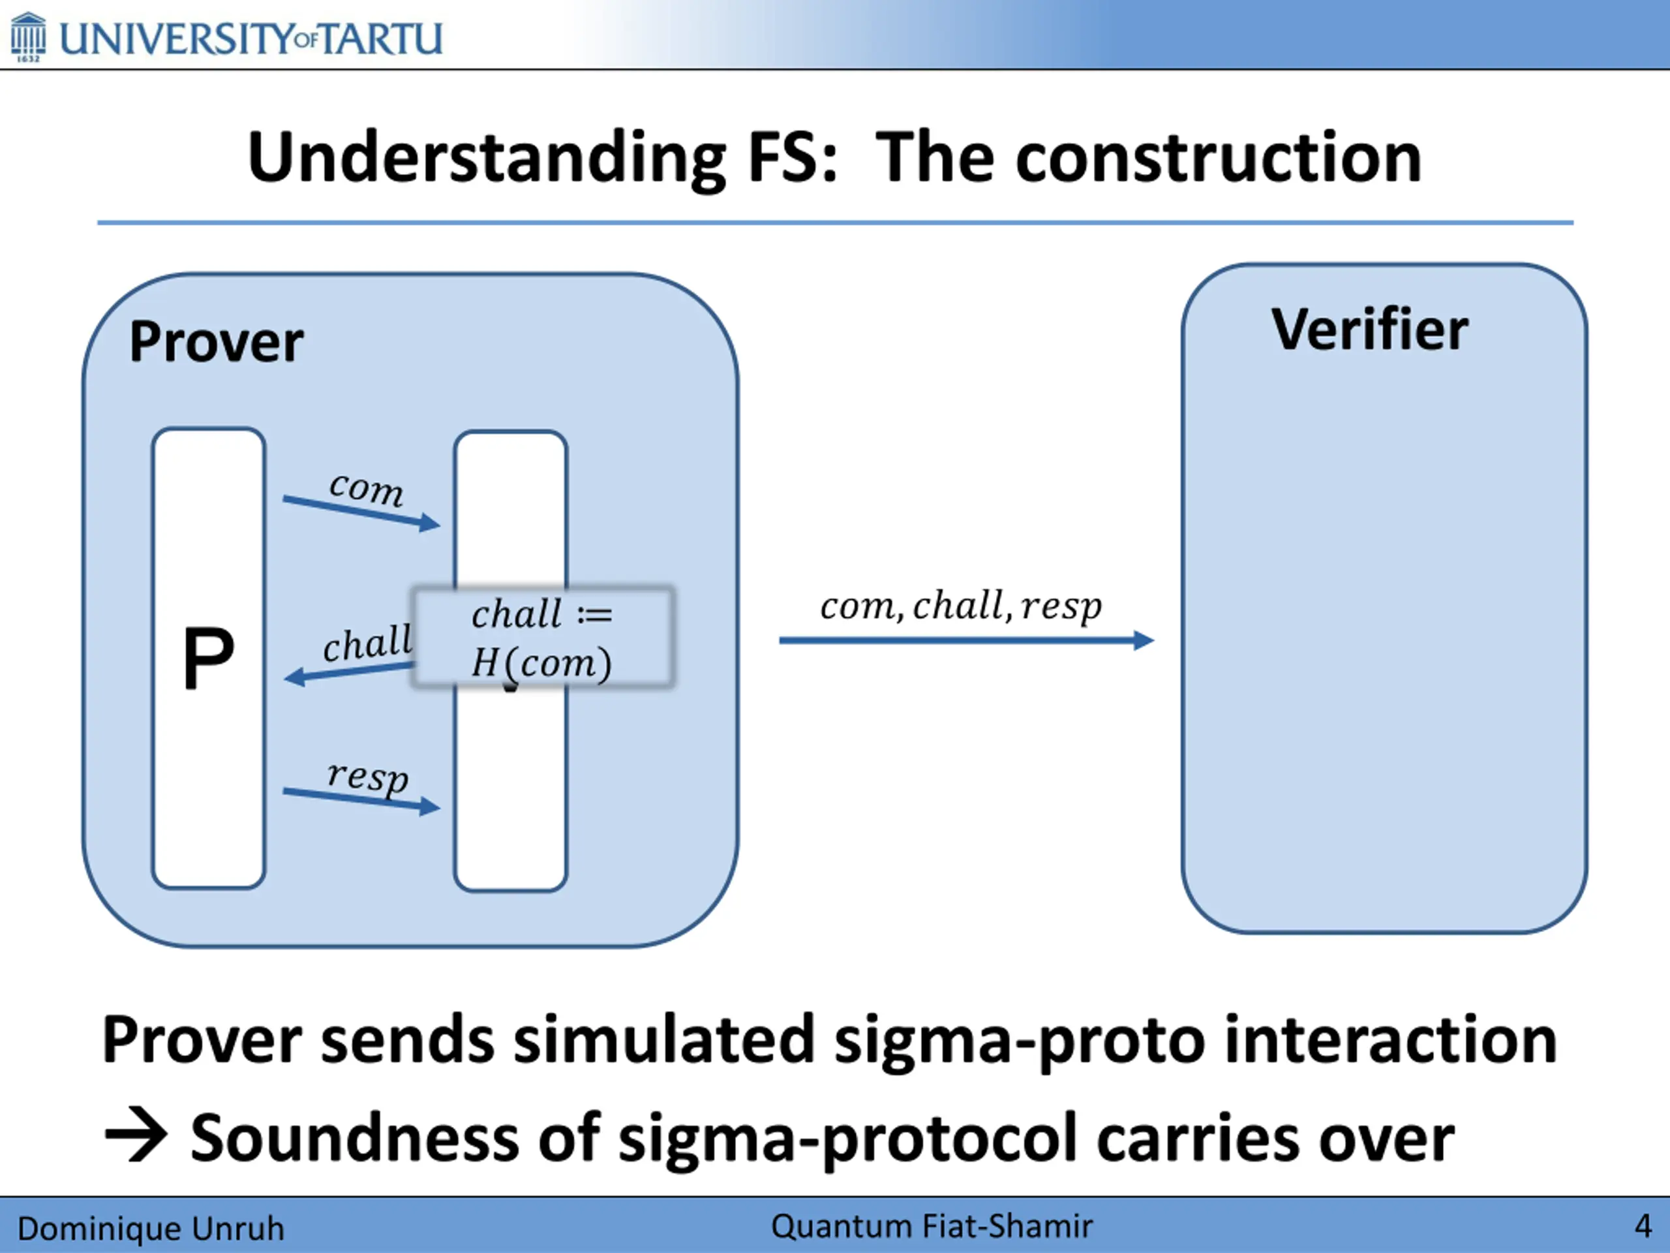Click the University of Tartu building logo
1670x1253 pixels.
click(x=28, y=37)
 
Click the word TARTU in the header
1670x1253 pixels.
click(x=380, y=39)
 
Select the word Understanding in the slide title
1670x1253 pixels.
click(x=487, y=159)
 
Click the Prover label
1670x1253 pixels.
click(x=216, y=342)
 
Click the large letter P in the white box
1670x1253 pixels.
click(x=208, y=658)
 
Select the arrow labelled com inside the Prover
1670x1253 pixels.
click(x=361, y=512)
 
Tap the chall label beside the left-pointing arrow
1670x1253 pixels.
click(x=368, y=643)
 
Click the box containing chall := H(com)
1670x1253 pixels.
click(x=542, y=638)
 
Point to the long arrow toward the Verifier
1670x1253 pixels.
click(x=966, y=640)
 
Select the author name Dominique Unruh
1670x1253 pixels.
click(x=151, y=1229)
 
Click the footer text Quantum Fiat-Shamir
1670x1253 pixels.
click(x=932, y=1226)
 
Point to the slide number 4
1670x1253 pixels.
click(x=1643, y=1226)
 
